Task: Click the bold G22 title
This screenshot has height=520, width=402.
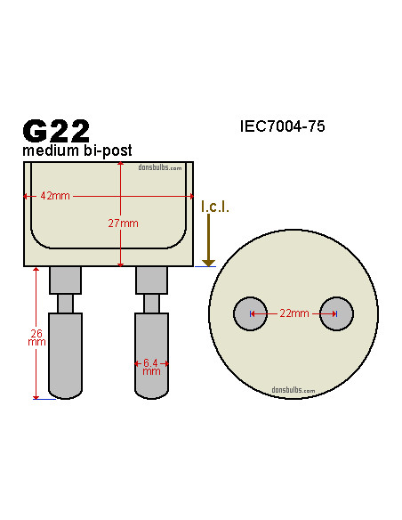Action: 56,130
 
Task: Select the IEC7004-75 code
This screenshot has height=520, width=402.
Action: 282,126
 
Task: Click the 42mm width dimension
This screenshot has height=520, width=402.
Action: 55,196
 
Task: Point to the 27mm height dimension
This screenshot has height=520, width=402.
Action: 124,223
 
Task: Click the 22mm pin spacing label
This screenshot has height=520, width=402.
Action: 293,313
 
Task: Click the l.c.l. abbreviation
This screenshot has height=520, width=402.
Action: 214,207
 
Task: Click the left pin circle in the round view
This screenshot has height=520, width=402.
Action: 250,313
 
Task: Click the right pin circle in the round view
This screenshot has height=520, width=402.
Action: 336,313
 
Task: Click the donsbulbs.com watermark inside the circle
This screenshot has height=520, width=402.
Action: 293,389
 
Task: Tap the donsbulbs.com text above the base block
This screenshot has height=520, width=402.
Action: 160,167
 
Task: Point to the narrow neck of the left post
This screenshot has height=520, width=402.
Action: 65,304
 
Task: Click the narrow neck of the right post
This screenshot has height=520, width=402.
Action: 151,304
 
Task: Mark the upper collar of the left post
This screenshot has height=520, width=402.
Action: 65,280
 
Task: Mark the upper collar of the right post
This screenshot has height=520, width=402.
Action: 151,280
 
